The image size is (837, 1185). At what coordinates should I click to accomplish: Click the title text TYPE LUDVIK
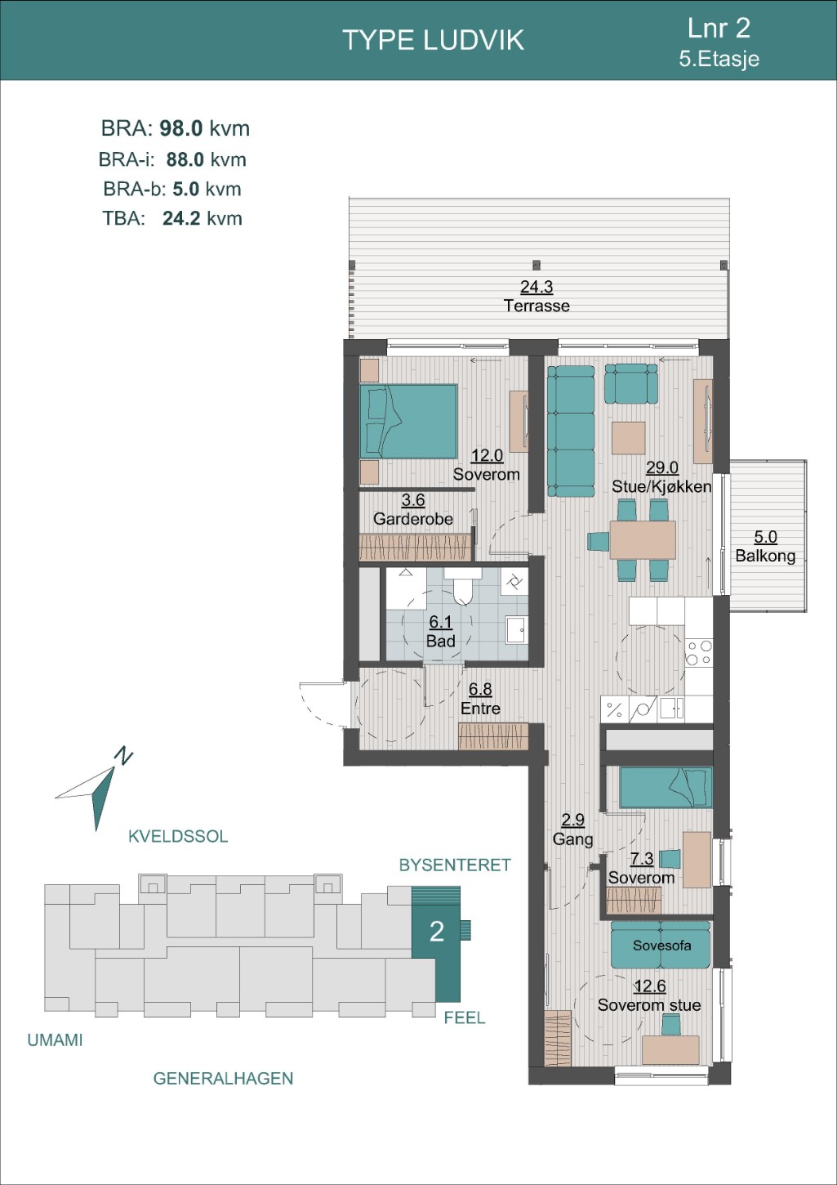tap(433, 40)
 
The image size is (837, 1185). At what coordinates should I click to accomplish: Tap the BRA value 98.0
tap(181, 128)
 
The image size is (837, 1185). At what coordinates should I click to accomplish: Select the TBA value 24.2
tap(180, 218)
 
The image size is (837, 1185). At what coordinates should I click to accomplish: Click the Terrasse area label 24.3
tap(536, 287)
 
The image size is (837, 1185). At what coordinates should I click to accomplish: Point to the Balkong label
tap(765, 556)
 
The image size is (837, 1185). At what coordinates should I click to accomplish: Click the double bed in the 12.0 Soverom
tap(408, 421)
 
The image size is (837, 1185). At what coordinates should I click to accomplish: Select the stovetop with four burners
tap(698, 652)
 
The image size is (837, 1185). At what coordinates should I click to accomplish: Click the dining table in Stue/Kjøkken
tap(643, 539)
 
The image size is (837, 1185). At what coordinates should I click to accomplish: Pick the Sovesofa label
tap(661, 946)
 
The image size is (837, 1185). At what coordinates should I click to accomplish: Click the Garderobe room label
tap(413, 518)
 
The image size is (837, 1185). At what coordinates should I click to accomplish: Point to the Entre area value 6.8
tap(480, 689)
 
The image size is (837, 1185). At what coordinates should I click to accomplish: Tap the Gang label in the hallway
tap(572, 839)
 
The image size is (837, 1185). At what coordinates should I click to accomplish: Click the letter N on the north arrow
tap(124, 757)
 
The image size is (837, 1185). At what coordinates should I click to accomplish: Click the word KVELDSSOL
tap(178, 836)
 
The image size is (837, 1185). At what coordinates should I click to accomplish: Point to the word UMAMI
tap(55, 1040)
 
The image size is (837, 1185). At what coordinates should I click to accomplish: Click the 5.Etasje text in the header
tap(719, 59)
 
